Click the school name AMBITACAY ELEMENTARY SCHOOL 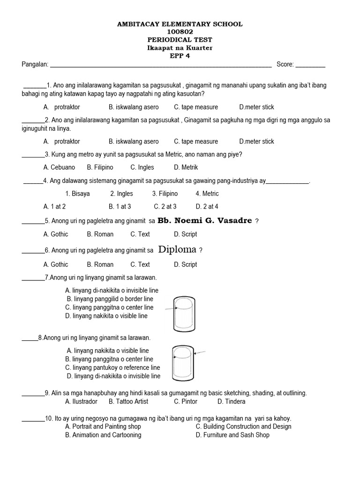[180, 24]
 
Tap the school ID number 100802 [180, 32]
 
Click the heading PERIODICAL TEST [180, 40]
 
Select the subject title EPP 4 [180, 56]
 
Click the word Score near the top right [285, 64]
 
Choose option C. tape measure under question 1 [196, 107]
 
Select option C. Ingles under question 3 [142, 167]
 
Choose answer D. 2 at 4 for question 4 [207, 206]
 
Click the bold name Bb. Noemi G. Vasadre [205, 220]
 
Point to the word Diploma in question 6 [178, 249]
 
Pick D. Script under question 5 [185, 234]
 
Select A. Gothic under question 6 [56, 264]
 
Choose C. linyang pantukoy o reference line [112, 367]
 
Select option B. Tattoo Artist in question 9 [128, 401]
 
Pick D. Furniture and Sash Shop [232, 435]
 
